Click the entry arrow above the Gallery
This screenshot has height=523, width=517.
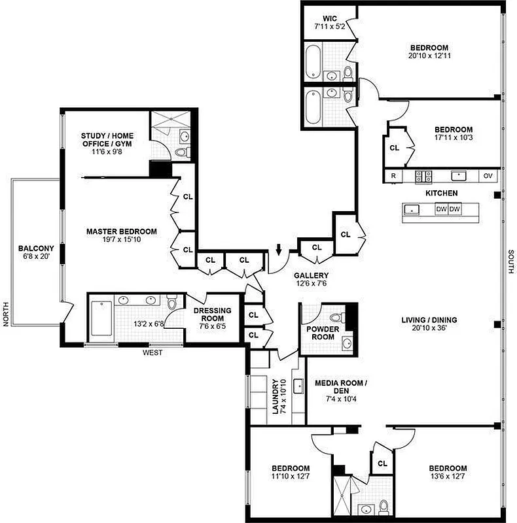click(x=279, y=249)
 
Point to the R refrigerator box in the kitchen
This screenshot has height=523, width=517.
click(x=393, y=176)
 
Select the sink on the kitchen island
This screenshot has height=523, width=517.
click(x=413, y=210)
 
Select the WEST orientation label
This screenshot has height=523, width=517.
click(x=152, y=353)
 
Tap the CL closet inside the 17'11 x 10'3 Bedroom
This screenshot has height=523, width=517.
click(x=394, y=148)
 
